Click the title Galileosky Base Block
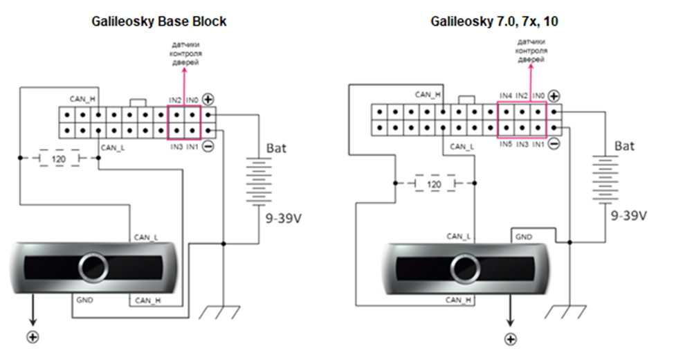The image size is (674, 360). click(x=159, y=21)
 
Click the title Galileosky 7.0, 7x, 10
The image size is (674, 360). click(x=494, y=21)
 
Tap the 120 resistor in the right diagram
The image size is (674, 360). click(x=434, y=185)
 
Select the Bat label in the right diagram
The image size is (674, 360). click(x=624, y=146)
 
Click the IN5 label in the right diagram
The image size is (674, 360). click(x=507, y=144)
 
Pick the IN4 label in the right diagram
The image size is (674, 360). click(x=506, y=95)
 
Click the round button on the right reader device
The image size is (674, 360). click(x=464, y=267)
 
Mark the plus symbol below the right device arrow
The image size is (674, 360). click(x=511, y=339)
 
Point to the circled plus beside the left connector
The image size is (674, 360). click(x=206, y=99)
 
